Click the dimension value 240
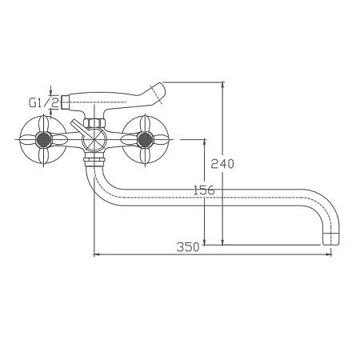point(222,163)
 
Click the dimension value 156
point(204,190)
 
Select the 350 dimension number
point(188,247)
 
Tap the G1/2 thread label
point(44,102)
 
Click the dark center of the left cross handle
point(43,139)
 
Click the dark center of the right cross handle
point(145,139)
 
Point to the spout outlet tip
point(331,239)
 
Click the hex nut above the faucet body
point(94,123)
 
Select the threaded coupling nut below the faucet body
point(94,162)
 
